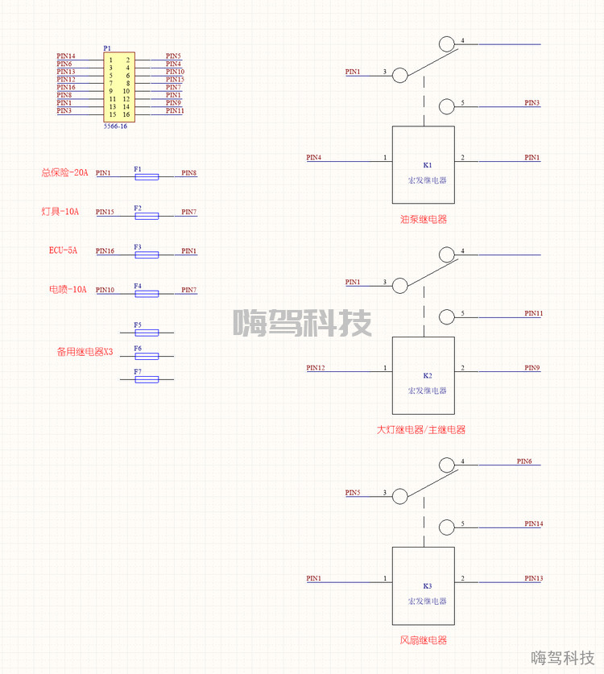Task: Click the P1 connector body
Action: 119,87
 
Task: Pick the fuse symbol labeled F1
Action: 146,176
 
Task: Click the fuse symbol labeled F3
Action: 146,254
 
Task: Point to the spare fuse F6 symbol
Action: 146,355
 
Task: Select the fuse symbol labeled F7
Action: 146,378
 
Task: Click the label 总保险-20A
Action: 64,172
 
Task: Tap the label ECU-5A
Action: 64,250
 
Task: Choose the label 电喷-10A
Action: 67,289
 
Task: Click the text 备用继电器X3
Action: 85,352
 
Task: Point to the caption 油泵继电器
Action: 423,219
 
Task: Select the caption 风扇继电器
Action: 423,640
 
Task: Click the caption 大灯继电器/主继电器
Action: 421,430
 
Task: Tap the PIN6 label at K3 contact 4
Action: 524,461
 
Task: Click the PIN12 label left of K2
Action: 316,367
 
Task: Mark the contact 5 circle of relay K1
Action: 447,105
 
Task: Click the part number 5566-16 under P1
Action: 115,126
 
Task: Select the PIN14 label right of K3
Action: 533,523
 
